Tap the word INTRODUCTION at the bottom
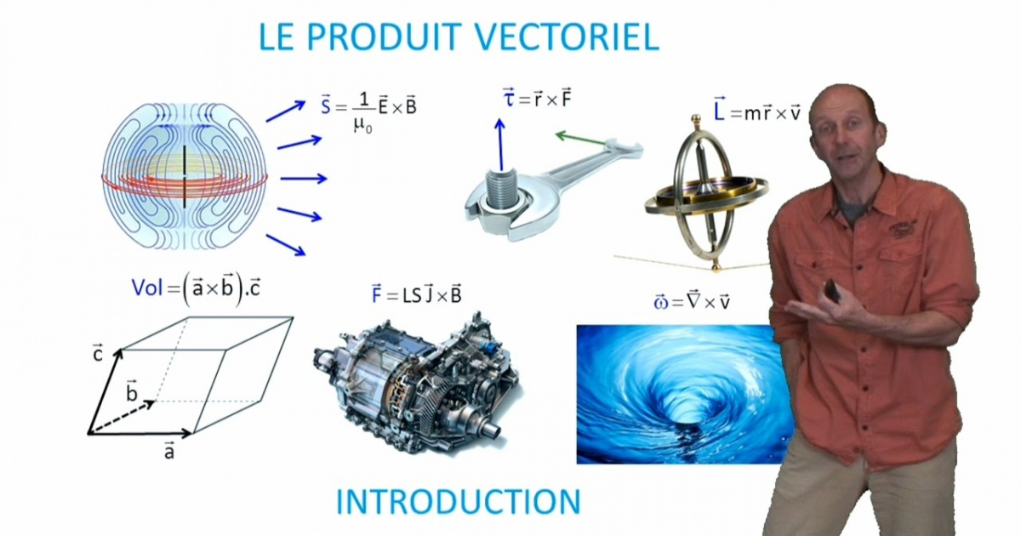(458, 501)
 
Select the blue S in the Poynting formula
(325, 107)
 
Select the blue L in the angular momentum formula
(720, 111)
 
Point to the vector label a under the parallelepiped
(169, 451)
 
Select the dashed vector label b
(132, 391)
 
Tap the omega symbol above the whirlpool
(660, 302)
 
